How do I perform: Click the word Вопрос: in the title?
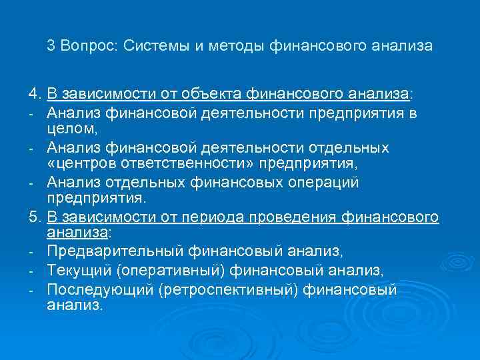[x=91, y=46]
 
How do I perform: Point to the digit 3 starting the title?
[x=51, y=46]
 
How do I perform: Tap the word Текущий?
[x=75, y=270]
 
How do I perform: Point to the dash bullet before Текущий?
[x=31, y=271]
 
